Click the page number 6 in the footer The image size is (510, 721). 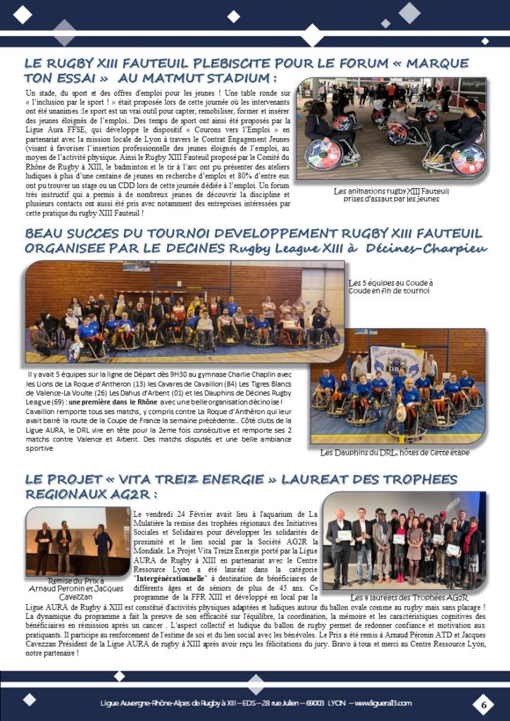coord(483,703)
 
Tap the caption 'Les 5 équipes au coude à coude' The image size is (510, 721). coord(392,287)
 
